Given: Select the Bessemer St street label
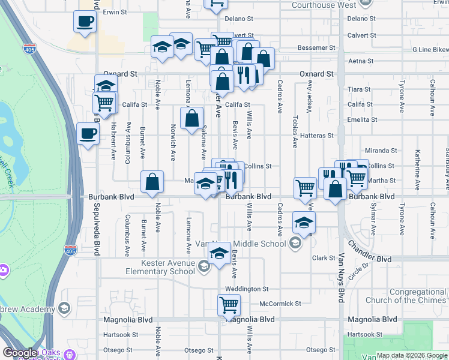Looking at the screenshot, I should click(x=318, y=47).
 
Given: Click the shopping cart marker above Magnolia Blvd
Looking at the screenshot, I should click(x=229, y=305).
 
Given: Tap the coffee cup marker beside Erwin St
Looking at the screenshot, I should click(x=85, y=22).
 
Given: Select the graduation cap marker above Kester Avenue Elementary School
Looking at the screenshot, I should click(x=219, y=254).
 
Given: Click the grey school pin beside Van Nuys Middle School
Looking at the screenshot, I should click(x=295, y=243).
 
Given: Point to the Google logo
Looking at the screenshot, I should click(x=19, y=353).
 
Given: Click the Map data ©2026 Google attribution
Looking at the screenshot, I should click(x=411, y=355).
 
